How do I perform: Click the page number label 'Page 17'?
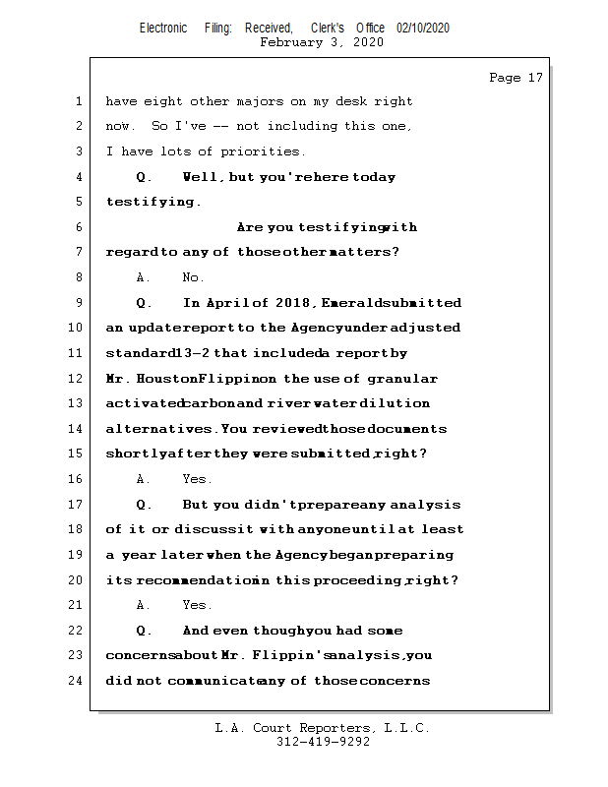pos(516,78)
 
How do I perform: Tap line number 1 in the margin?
pos(77,101)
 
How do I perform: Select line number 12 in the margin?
pos(77,379)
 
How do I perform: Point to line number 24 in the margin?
pos(77,681)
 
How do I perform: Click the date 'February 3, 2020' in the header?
pos(322,42)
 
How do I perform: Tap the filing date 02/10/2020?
pos(423,29)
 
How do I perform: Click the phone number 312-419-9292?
pos(323,742)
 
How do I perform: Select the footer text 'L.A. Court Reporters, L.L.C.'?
pos(323,728)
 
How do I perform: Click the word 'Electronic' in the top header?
pos(163,29)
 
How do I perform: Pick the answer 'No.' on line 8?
pos(194,278)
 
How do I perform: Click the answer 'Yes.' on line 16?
pos(197,480)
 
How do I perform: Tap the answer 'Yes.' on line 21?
pos(197,606)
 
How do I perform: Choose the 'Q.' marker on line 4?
pos(144,178)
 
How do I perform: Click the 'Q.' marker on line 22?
pos(144,631)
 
